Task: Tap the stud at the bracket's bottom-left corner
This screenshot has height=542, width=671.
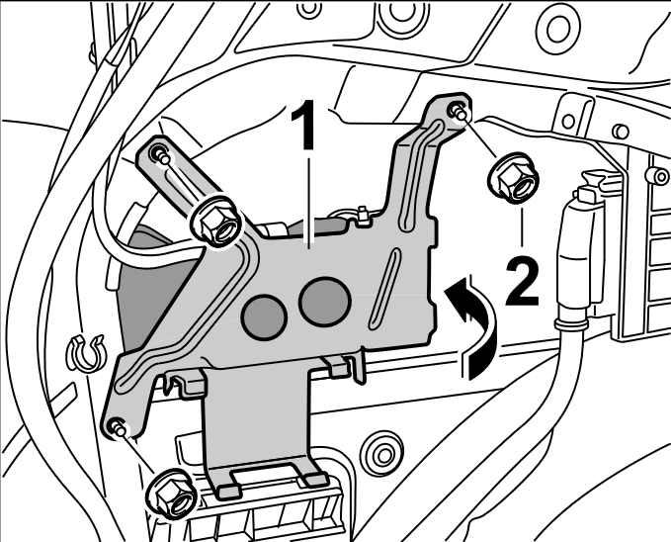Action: click(x=120, y=428)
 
